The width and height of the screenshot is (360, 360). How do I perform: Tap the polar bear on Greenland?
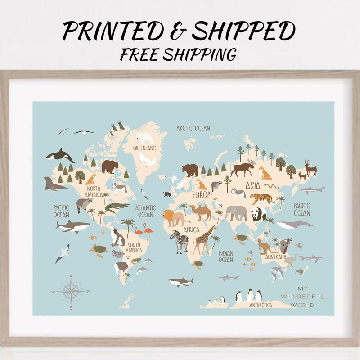coord(145,138)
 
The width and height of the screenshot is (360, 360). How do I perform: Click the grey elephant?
coord(237,213)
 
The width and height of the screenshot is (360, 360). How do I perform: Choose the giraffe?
coord(205,238)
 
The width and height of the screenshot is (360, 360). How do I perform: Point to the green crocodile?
coord(117,207)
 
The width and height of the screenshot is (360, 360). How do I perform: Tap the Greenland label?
coord(144,148)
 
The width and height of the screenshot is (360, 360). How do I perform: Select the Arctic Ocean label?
coord(193,128)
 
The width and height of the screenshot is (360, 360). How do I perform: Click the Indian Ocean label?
coord(226,256)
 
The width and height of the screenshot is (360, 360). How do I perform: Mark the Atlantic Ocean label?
coord(146,211)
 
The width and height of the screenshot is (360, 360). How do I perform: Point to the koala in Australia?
coord(284,246)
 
